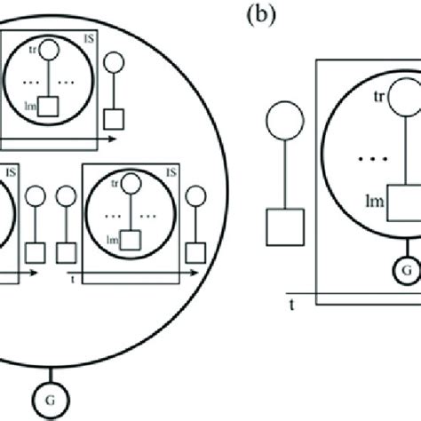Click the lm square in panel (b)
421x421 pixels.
404,203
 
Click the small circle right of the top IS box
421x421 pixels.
115,63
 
